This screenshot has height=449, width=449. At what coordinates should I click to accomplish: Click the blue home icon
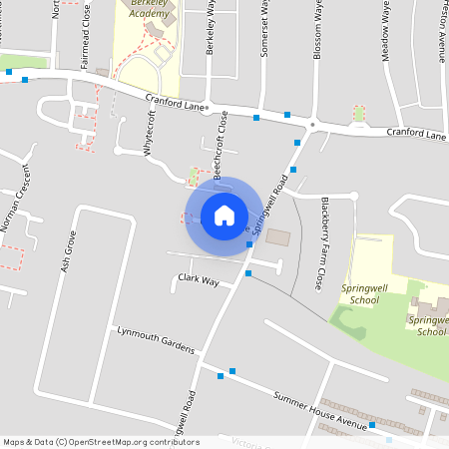(224, 216)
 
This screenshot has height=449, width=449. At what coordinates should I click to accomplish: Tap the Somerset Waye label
(265, 30)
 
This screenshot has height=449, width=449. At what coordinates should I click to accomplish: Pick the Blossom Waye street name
(318, 30)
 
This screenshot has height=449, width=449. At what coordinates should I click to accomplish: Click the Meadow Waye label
(386, 35)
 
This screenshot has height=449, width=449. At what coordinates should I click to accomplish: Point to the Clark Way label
(198, 280)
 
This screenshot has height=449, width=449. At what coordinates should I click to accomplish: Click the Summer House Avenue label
(321, 410)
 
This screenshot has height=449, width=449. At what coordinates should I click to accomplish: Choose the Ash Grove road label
(69, 253)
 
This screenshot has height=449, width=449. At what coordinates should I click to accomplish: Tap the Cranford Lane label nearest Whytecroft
(175, 101)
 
